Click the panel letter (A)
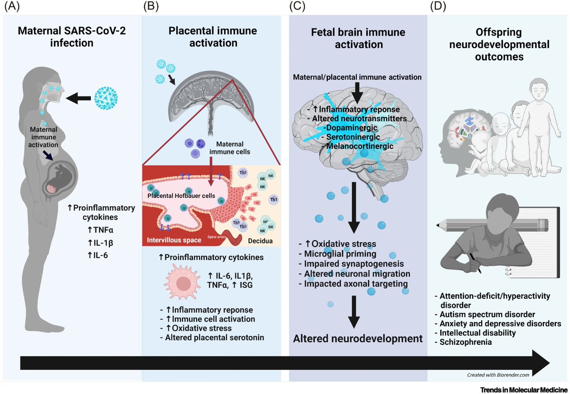click(x=12, y=6)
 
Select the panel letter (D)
click(x=438, y=6)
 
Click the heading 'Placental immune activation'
click(x=213, y=37)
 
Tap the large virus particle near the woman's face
click(x=106, y=98)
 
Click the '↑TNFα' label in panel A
click(x=100, y=230)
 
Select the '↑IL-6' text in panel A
click(x=97, y=255)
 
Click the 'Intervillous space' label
click(x=174, y=240)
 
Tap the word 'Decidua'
click(x=260, y=241)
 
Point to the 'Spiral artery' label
click(x=217, y=237)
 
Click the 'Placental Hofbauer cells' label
click(x=181, y=196)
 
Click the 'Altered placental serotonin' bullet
click(x=212, y=338)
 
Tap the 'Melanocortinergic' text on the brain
click(x=358, y=147)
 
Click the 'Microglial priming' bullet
click(x=338, y=254)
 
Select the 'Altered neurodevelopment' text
click(x=358, y=339)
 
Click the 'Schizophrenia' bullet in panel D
click(x=463, y=342)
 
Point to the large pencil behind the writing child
click(x=492, y=225)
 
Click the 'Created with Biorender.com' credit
click(x=498, y=375)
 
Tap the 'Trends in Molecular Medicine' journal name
click(x=524, y=390)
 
